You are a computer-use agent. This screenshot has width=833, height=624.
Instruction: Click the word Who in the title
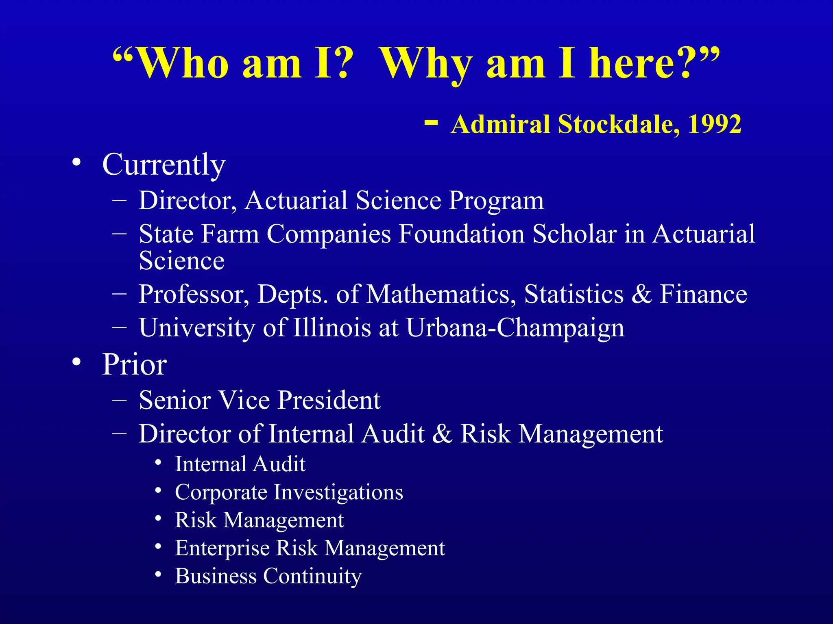[183, 63]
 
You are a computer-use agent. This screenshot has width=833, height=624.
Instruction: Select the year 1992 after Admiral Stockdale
[715, 124]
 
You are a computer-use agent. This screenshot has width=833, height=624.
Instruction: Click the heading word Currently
[164, 165]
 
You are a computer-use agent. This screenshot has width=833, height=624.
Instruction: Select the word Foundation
[462, 234]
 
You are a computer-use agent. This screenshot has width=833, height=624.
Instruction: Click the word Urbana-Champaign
[515, 327]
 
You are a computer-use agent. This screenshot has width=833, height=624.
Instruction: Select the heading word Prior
[134, 364]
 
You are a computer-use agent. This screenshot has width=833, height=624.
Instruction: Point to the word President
[329, 400]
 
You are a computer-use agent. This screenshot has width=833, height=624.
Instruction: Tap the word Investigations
[338, 492]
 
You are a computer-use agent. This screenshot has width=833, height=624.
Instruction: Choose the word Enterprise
[222, 548]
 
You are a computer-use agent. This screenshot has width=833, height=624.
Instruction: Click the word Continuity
[312, 576]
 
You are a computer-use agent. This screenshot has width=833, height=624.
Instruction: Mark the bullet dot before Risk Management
[159, 519]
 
